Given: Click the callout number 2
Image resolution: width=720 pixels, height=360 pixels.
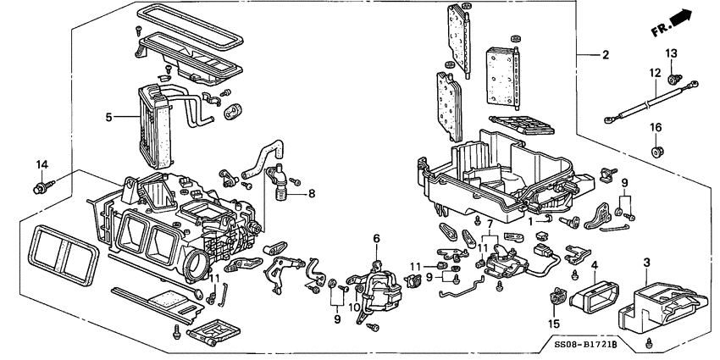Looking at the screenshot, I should coord(606,56).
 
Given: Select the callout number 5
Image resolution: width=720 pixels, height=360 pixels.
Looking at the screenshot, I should coord(109,118).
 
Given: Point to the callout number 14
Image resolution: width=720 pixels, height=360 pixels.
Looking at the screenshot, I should coord(42,163).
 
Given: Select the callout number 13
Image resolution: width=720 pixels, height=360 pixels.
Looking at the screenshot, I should coord(671,54).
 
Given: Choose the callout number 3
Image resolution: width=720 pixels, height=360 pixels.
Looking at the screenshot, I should coord(646,263).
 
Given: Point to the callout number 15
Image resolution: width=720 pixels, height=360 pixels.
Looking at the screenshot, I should coord(556,323).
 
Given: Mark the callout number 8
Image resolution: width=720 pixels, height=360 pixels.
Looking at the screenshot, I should coord(312,194).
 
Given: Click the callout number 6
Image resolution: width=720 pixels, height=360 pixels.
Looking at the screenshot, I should coord(377,240).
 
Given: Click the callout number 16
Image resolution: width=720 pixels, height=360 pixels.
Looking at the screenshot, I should coord(656,127).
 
